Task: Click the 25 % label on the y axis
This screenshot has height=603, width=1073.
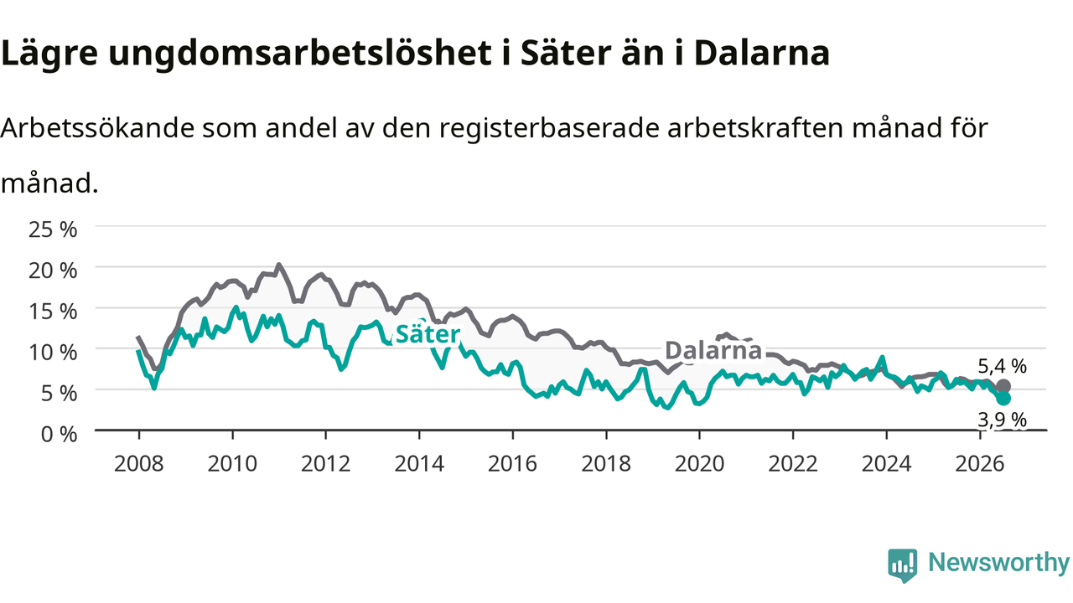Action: (53, 229)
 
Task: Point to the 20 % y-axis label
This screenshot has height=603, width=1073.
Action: (53, 271)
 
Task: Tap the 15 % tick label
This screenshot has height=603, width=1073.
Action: (53, 312)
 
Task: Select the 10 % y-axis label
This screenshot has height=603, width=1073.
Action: (53, 353)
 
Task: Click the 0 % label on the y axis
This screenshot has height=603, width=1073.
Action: (59, 435)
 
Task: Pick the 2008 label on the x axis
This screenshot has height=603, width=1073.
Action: (139, 464)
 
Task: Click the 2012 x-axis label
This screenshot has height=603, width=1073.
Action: (326, 464)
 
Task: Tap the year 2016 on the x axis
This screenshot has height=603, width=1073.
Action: (512, 464)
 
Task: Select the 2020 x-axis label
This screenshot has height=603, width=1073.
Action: (699, 464)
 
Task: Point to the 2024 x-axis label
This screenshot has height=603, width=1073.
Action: (886, 464)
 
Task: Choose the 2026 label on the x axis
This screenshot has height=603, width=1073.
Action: (980, 464)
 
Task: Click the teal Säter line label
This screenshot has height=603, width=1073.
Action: (428, 334)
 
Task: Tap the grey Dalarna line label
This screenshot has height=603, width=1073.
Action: (713, 350)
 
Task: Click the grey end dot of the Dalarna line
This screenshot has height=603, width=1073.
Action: (1003, 386)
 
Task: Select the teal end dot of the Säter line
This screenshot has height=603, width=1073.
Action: (1003, 398)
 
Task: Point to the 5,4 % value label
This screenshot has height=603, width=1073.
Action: (1002, 367)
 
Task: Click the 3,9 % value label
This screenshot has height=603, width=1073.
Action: (1002, 420)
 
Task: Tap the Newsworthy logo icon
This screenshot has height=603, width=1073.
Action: (903, 565)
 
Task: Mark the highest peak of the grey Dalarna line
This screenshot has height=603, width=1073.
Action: (279, 265)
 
